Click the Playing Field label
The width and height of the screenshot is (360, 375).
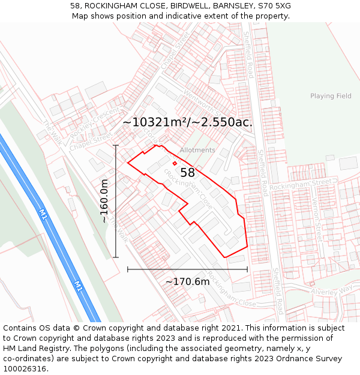coord(331,96)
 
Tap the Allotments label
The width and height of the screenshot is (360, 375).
coord(197,150)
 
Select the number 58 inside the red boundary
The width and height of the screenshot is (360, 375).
coord(188,173)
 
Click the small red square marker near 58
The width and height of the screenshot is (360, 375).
coord(175,163)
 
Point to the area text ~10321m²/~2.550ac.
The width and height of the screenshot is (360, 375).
coord(187,122)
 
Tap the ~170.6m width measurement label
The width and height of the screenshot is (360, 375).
coord(188,281)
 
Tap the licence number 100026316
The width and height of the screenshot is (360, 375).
coord(26,369)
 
